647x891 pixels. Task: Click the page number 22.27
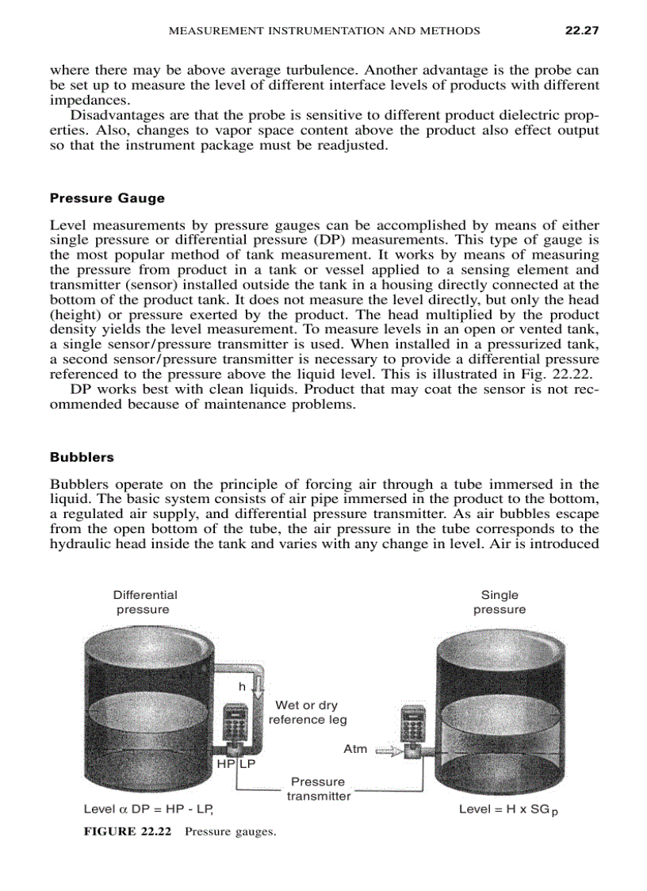tap(580, 31)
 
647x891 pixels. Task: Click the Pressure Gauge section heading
tap(107, 198)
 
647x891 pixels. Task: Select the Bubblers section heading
tap(82, 458)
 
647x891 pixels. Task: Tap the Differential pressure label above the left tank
tap(144, 602)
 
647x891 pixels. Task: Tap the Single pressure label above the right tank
tap(500, 602)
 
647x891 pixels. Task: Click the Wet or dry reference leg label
tap(307, 712)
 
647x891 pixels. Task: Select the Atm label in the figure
tap(355, 749)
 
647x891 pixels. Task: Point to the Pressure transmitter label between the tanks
tap(318, 789)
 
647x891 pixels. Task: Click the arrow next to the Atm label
tap(386, 750)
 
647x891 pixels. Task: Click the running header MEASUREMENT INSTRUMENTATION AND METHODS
tap(325, 31)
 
